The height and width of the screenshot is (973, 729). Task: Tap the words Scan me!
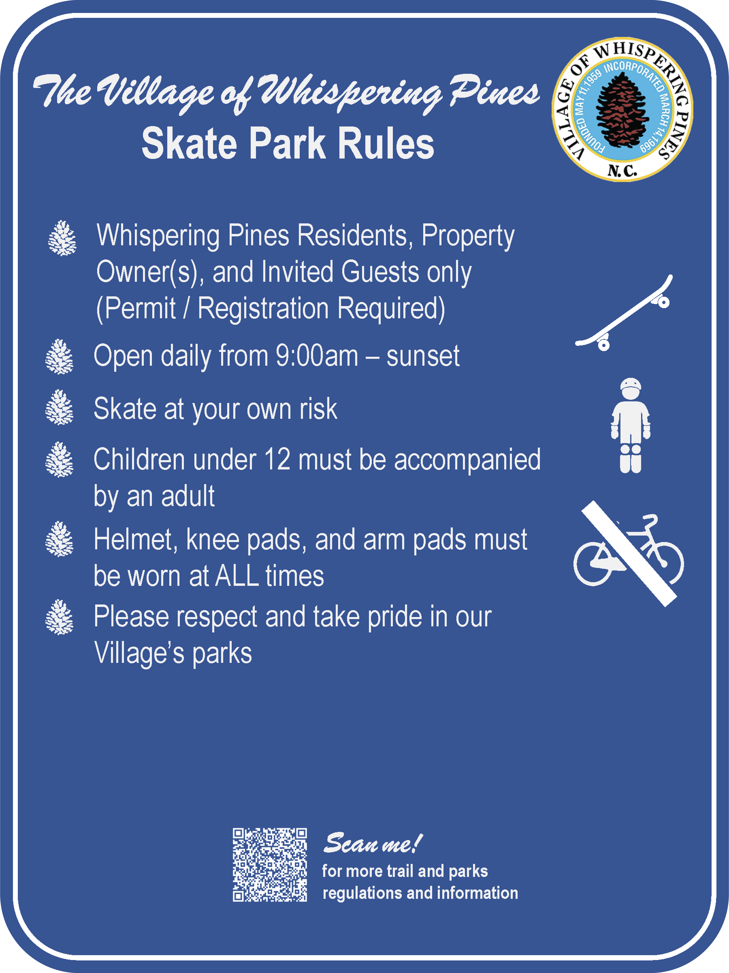click(373, 843)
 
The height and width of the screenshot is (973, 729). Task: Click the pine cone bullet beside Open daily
click(59, 357)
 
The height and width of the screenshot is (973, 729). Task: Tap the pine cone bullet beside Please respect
click(59, 617)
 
